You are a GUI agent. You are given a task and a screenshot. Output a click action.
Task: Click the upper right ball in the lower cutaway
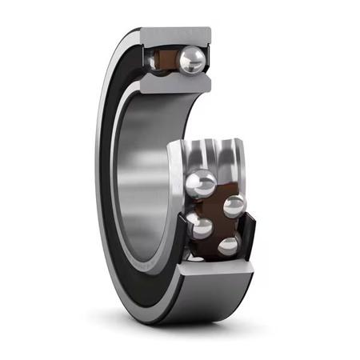(x=234, y=206)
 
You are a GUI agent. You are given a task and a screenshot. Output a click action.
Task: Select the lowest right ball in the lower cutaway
(x=229, y=245)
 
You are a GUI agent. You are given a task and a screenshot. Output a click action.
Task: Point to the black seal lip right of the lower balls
(x=250, y=232)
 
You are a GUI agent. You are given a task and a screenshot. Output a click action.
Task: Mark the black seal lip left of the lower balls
(x=186, y=240)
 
